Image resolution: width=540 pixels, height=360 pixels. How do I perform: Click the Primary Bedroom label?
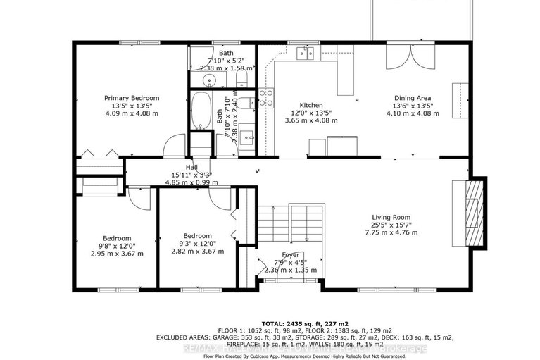(x=132, y=98)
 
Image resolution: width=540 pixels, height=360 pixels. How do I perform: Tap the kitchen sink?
(x=306, y=52)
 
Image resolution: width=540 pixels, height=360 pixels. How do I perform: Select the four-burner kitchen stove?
(x=265, y=98)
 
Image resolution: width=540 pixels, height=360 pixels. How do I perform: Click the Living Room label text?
(x=391, y=217)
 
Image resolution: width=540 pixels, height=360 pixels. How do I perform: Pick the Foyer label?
(x=290, y=254)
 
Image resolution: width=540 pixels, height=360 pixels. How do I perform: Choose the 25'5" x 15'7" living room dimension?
(x=391, y=225)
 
